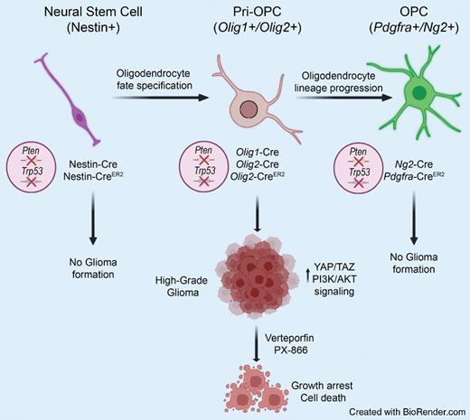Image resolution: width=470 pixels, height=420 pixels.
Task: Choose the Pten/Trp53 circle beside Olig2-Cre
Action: (x=203, y=166)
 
